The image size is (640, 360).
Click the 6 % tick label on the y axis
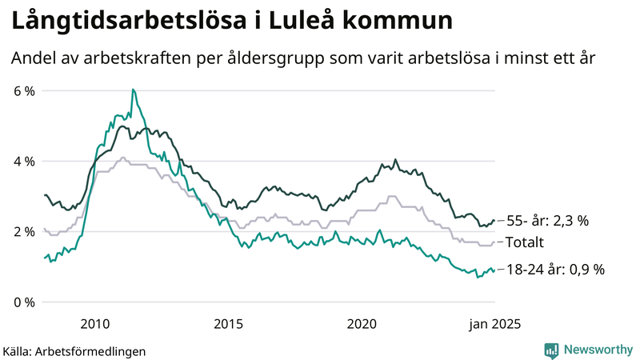pyautogui.click(x=25, y=91)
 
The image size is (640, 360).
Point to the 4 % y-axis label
pyautogui.click(x=25, y=162)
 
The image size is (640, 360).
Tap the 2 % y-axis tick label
pyautogui.click(x=25, y=232)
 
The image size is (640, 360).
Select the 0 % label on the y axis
pyautogui.click(x=25, y=302)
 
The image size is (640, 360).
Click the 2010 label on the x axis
pyautogui.click(x=94, y=323)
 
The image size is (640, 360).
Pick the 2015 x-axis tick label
pyautogui.click(x=228, y=323)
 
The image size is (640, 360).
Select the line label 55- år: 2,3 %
pyautogui.click(x=548, y=221)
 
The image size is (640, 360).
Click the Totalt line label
pyautogui.click(x=526, y=242)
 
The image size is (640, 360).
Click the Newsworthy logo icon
pyautogui.click(x=551, y=350)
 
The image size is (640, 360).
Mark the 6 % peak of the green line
pyautogui.click(x=133, y=90)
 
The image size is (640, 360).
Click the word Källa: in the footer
pyautogui.click(x=18, y=351)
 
